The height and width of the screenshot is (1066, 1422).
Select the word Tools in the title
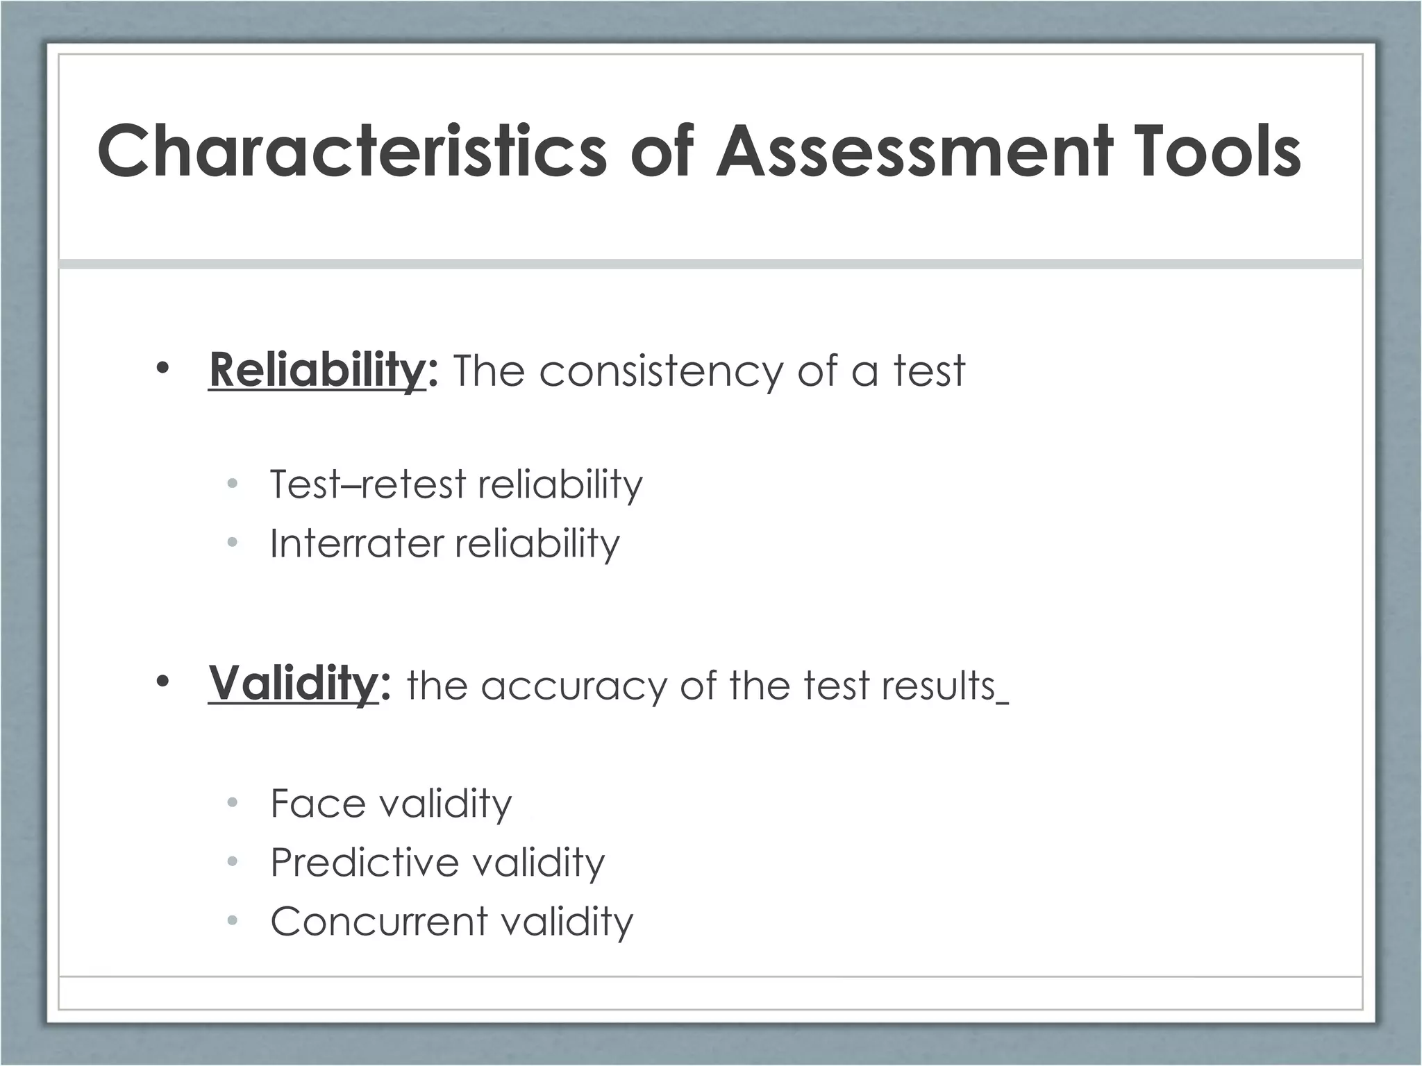1219,151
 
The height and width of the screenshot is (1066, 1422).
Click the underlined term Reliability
317,371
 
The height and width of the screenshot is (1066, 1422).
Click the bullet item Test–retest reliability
456,484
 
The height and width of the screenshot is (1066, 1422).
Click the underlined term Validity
294,684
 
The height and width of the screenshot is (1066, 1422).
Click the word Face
318,804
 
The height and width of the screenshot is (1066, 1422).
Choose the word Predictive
365,863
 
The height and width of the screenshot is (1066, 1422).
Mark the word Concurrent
379,922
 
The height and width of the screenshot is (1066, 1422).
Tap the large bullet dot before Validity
162,683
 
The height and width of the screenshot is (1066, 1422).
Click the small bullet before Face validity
233,803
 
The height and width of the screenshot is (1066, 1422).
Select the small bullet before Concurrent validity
233,921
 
